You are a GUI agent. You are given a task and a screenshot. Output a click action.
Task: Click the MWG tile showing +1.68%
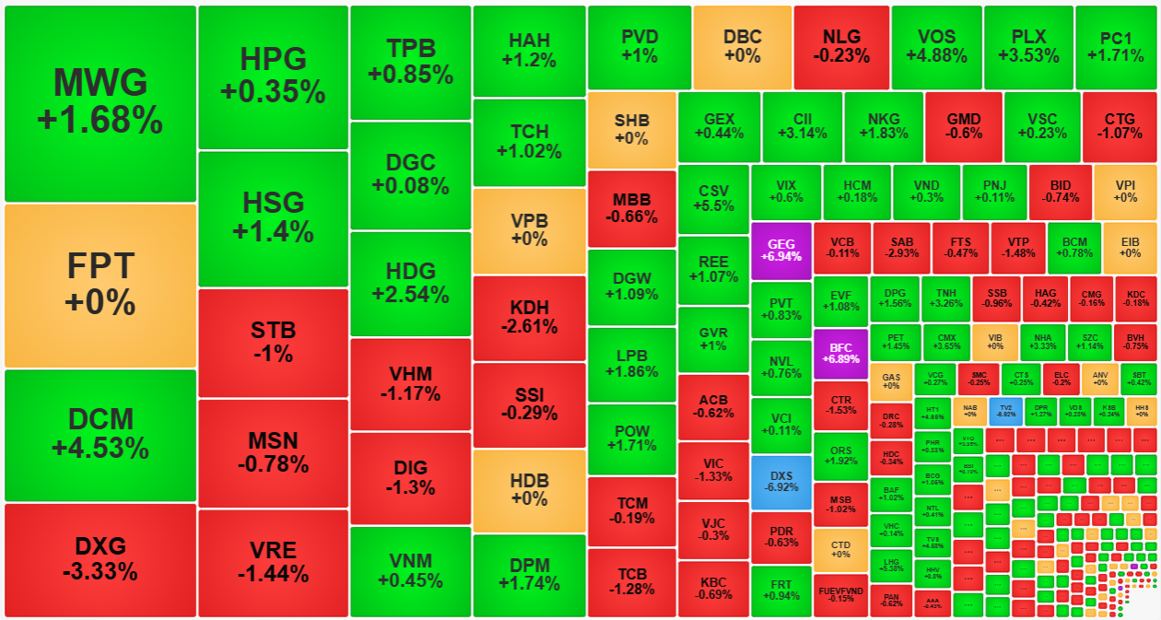pyautogui.click(x=100, y=103)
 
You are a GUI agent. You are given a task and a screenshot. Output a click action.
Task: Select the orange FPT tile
pyautogui.click(x=100, y=285)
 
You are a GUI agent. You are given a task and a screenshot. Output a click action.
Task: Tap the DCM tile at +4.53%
pyautogui.click(x=100, y=435)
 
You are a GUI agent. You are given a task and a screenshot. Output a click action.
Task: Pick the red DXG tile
pyautogui.click(x=100, y=559)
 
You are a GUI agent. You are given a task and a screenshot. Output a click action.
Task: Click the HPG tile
pyautogui.click(x=273, y=77)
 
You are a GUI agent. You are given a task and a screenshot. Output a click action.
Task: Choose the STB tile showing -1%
pyautogui.click(x=273, y=343)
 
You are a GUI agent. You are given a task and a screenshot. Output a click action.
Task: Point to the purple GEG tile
pyautogui.click(x=780, y=250)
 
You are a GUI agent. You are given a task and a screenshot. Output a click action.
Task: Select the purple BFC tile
pyautogui.click(x=840, y=354)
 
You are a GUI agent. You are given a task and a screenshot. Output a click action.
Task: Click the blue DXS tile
pyautogui.click(x=780, y=482)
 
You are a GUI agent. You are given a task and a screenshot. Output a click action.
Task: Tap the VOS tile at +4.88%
pyautogui.click(x=936, y=46)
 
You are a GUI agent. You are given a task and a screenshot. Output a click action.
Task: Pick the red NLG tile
pyautogui.click(x=841, y=46)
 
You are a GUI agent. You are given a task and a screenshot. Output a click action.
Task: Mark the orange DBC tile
pyautogui.click(x=743, y=46)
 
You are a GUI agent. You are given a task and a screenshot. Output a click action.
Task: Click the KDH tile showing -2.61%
pyautogui.click(x=529, y=318)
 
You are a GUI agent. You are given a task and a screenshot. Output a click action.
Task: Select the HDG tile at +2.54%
pyautogui.click(x=410, y=284)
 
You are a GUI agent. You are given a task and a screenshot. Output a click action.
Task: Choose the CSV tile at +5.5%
pyautogui.click(x=713, y=200)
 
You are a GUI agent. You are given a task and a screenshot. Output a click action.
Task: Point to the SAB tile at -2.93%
pyautogui.click(x=901, y=248)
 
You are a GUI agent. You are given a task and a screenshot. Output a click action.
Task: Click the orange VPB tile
pyautogui.click(x=529, y=230)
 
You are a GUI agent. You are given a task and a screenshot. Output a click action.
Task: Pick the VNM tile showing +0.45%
pyautogui.click(x=410, y=571)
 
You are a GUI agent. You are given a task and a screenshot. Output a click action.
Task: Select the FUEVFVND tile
pyautogui.click(x=840, y=595)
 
